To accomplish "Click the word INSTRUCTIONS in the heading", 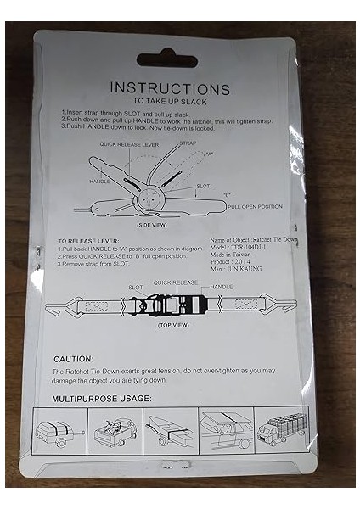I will tap(170, 88).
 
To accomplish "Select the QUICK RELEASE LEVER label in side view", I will tap(129, 144).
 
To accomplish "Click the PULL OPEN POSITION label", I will tap(255, 206).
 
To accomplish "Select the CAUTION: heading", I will tap(74, 359).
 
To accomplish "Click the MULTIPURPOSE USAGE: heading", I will tap(102, 398).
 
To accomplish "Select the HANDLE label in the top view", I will tap(222, 288).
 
